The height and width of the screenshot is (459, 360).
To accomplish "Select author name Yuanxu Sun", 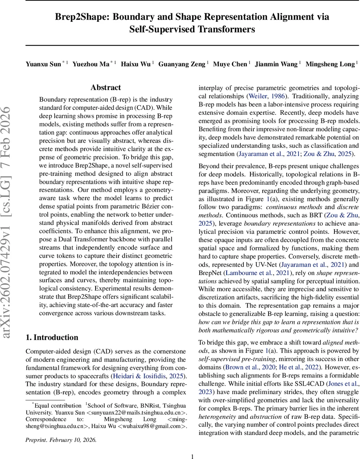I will [x=43, y=64].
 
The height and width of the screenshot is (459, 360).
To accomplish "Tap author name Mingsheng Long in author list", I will [x=330, y=64].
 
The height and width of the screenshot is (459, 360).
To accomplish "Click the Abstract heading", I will [x=106, y=88].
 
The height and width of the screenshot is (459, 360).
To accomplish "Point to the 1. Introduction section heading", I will [x=52, y=337].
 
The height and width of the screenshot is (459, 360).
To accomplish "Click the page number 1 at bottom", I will [x=193, y=456].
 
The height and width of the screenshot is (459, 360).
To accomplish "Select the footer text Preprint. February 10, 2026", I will [x=61, y=440].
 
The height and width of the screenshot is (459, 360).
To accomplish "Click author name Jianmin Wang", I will [x=276, y=64].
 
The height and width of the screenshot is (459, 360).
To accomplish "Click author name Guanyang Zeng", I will [x=182, y=64].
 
